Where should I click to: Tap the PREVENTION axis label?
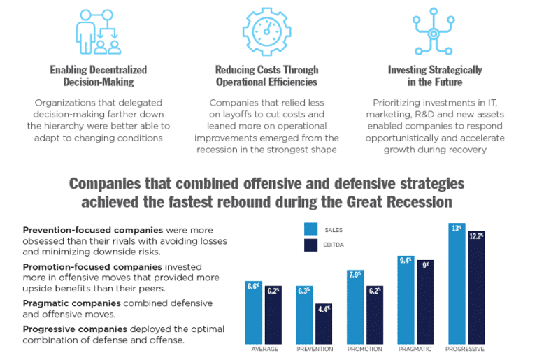pos(314,349)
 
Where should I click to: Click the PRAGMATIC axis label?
pos(415,349)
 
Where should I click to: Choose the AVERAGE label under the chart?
pos(264,349)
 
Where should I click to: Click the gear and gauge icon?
pos(266,30)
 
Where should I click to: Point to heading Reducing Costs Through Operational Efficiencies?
pos(266,75)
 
